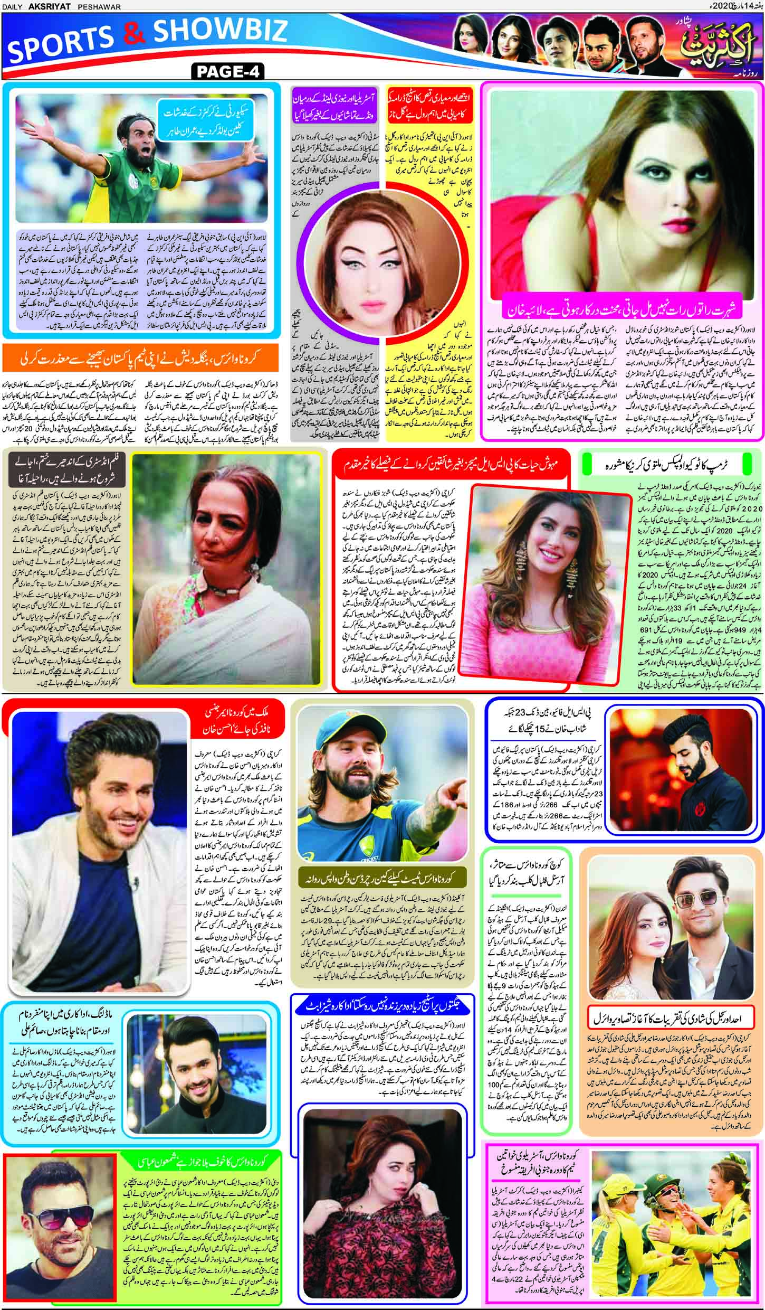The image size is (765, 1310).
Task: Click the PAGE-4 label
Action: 228,71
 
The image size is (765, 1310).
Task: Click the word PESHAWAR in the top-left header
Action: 103,6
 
